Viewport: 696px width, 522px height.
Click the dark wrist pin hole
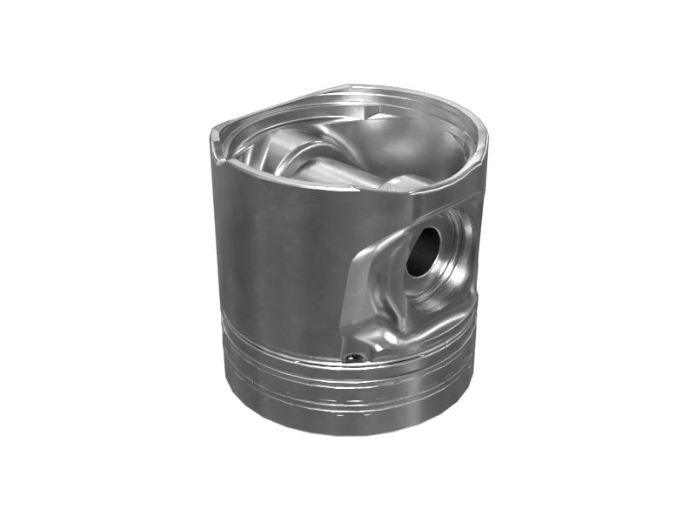[424, 251]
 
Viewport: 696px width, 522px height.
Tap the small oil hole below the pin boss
[352, 357]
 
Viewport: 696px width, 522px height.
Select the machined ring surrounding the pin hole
[444, 261]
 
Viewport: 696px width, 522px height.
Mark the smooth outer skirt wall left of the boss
[278, 252]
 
